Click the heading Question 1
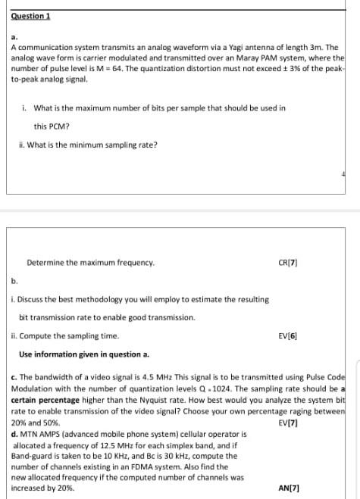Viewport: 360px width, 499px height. click(30, 16)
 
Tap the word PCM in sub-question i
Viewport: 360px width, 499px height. click(59, 126)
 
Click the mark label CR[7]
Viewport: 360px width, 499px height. click(288, 263)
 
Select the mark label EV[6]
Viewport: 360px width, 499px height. click(288, 335)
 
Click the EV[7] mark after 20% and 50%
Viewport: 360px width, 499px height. click(289, 423)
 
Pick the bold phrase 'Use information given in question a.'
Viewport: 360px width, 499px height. click(84, 354)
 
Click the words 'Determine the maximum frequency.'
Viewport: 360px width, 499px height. click(90, 263)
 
